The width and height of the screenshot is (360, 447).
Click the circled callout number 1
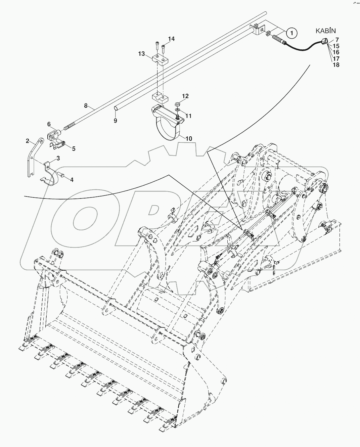tap(292, 33)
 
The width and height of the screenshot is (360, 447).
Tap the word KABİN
tap(325, 31)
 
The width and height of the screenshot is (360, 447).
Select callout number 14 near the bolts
tap(171, 39)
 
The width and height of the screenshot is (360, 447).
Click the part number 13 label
tap(141, 54)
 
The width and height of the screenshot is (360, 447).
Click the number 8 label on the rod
tap(86, 106)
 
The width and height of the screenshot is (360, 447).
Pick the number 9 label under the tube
tap(115, 121)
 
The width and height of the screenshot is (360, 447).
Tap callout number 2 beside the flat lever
tap(28, 141)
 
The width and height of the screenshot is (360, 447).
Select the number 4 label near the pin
tap(72, 180)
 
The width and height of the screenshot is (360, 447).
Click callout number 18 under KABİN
tap(336, 65)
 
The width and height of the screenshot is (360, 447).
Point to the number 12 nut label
tap(185, 96)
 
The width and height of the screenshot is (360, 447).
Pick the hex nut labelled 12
tap(177, 103)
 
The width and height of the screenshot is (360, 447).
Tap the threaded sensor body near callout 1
tap(278, 39)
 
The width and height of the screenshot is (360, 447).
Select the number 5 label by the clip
tap(74, 148)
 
